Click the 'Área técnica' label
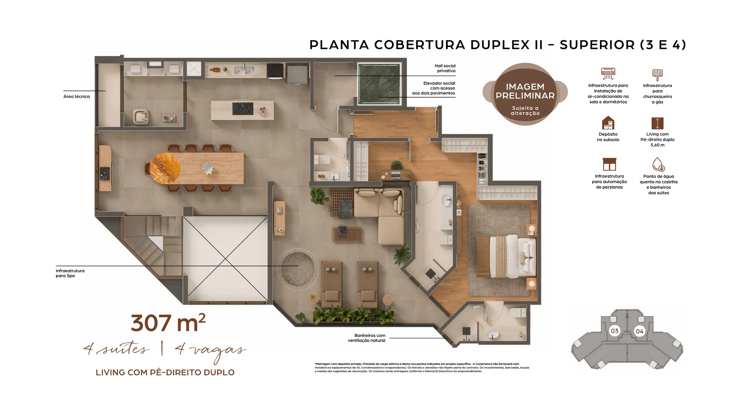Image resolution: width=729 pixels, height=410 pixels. [76, 97]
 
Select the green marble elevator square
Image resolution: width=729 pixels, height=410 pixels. [379, 84]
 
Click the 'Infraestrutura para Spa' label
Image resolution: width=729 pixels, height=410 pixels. [70, 273]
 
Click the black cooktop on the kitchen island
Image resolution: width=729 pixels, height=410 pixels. [243, 108]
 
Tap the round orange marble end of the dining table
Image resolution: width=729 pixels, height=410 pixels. [165, 168]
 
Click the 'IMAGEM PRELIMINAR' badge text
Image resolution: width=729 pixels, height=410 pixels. [525, 91]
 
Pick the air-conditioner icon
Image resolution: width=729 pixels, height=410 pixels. [608, 74]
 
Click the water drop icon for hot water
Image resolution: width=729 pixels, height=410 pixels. [658, 164]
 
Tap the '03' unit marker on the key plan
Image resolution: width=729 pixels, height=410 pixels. [615, 331]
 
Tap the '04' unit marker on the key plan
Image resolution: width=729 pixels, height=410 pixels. [640, 331]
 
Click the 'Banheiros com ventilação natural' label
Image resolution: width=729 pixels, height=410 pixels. [367, 338]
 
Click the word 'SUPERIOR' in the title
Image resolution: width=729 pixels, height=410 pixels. [597, 45]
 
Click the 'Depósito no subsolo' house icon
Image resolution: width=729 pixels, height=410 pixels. [608, 123]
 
